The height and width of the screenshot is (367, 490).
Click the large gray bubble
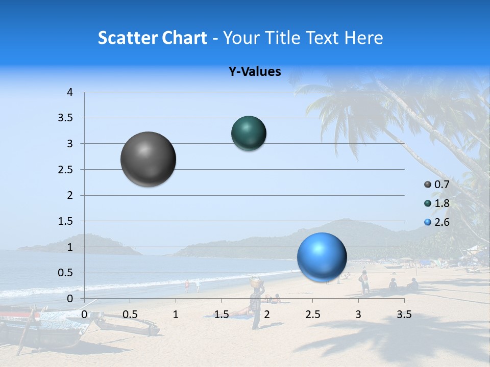coord(148,159)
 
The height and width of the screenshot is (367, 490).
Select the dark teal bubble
coord(249,133)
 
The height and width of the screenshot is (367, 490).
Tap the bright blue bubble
coord(322,257)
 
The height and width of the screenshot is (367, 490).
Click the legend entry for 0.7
coord(437,185)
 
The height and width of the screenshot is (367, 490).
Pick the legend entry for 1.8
coord(437,203)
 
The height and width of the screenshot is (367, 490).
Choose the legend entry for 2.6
coord(437,222)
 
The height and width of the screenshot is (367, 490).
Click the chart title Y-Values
coord(254,72)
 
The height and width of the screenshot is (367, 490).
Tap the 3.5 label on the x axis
coord(404,314)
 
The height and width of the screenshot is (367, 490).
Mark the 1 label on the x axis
coord(176,314)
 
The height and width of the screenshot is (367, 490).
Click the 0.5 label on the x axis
coord(130,314)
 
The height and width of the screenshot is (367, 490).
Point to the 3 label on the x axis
coord(358,314)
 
